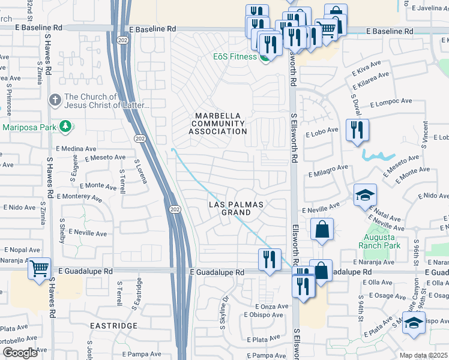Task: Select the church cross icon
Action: [55, 100]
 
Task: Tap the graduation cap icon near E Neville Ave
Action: [364, 195]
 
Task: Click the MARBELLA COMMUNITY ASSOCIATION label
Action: [218, 124]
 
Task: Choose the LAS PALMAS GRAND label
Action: [236, 208]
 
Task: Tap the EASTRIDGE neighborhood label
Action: [113, 325]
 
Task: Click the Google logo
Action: [19, 352]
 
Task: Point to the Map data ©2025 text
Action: [423, 355]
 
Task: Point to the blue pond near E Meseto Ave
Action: [379, 156]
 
